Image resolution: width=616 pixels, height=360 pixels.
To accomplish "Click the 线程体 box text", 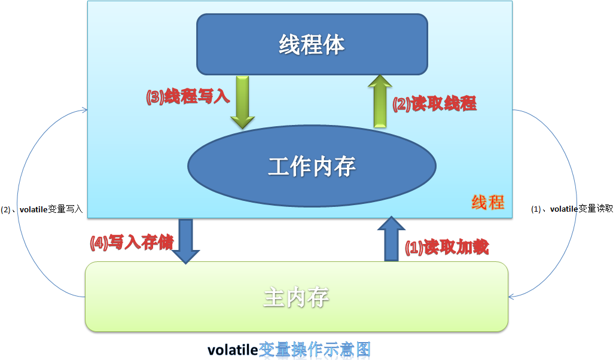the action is [312, 44].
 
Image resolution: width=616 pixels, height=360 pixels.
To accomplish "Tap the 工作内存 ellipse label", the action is [312, 166].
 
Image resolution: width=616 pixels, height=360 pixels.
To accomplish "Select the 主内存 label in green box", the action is [296, 297].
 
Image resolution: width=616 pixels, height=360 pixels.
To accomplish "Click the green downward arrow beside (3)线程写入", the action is [242, 102].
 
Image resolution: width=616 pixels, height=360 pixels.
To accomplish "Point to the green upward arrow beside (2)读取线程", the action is [380, 102].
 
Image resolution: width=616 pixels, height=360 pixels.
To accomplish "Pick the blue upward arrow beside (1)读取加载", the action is [391, 239].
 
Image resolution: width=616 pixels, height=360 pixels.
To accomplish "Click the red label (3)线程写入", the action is [188, 96].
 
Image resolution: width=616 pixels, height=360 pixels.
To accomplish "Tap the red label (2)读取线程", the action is [435, 104].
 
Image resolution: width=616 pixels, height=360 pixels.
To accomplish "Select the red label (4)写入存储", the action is [132, 242].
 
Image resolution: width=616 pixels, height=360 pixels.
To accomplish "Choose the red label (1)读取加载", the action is [447, 247].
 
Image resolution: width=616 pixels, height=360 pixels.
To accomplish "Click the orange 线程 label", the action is [488, 202].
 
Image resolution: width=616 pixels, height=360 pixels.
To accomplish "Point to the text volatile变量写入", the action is [51, 209].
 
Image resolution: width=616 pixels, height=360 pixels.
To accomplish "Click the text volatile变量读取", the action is [581, 209].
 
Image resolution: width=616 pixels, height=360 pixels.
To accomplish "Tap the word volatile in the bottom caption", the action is [233, 350].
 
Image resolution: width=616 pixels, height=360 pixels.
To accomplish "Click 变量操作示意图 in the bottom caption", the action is [315, 349].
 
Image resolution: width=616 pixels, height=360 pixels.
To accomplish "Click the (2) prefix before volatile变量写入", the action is [5, 209].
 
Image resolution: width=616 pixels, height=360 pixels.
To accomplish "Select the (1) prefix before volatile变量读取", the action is [536, 209].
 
